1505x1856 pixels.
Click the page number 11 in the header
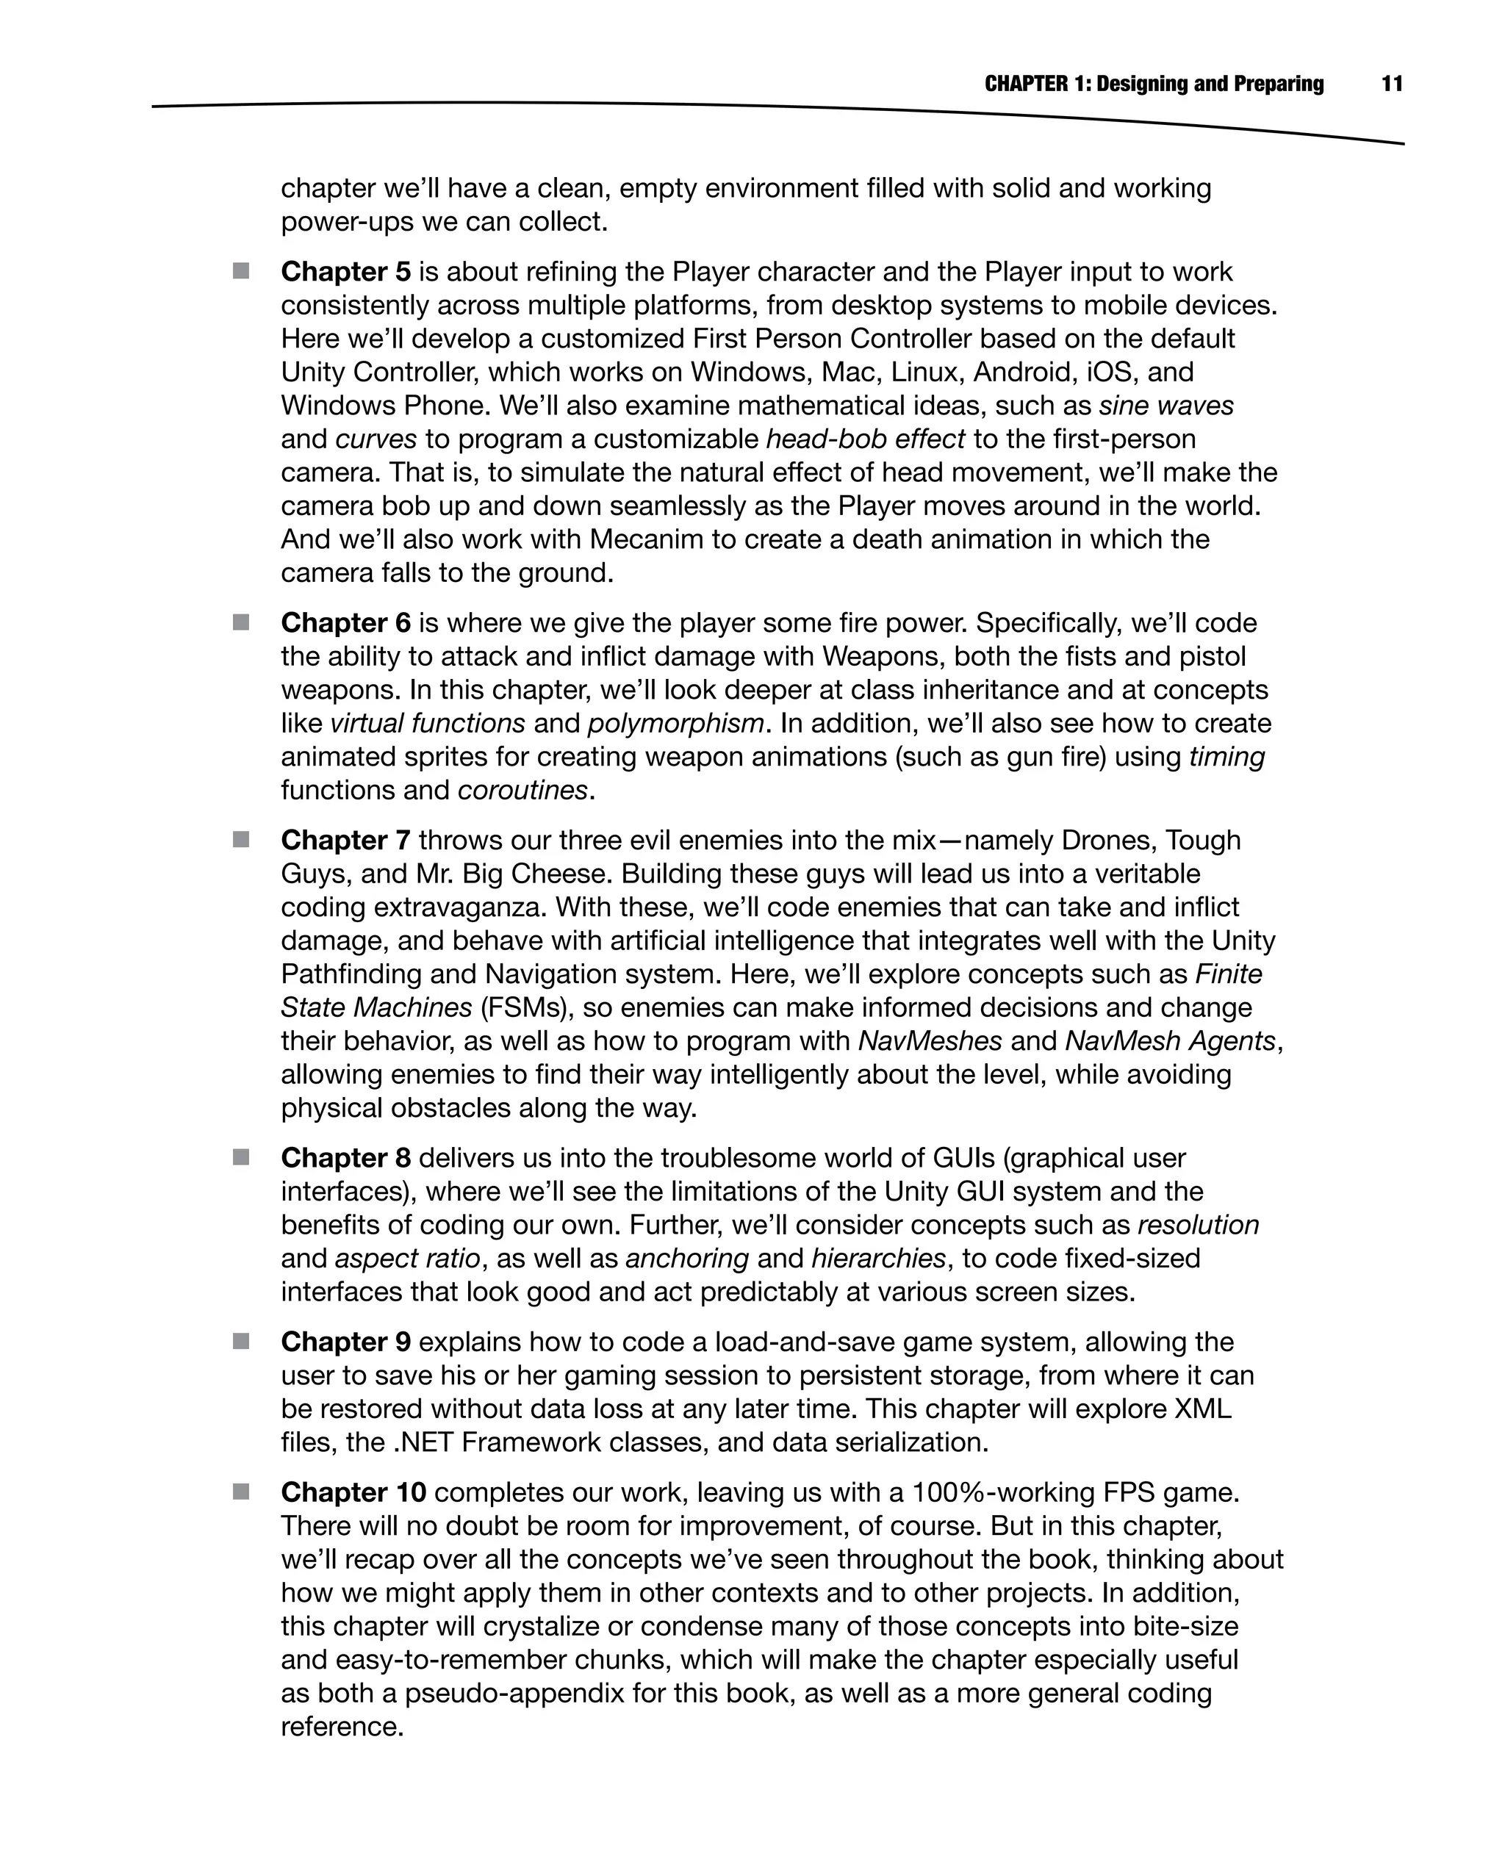1391,84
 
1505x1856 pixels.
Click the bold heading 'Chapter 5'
345,272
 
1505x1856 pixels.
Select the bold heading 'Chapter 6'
345,623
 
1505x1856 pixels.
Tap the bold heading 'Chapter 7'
345,840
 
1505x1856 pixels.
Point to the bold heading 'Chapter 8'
345,1158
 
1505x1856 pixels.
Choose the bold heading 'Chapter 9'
345,1342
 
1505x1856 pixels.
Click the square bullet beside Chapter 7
241,839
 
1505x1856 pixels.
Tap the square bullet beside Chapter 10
241,1491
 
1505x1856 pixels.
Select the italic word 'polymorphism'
675,723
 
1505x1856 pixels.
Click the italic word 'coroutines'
522,791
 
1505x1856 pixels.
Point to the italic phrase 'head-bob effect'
865,439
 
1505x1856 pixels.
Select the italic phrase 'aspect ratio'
406,1258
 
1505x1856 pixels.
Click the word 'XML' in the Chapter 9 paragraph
1202,1409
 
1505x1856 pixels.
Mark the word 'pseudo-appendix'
514,1693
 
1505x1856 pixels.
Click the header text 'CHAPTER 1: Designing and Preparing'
1154,84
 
